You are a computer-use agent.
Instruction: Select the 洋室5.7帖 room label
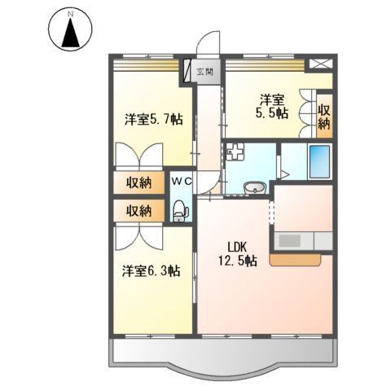point(153,119)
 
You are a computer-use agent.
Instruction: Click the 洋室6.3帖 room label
point(152,270)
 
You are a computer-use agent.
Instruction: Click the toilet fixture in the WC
point(181,211)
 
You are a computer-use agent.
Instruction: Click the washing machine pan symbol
point(235,152)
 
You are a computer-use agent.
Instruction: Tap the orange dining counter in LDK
point(298,260)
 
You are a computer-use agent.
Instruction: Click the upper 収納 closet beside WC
point(139,182)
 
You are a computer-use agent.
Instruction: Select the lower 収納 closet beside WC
point(139,210)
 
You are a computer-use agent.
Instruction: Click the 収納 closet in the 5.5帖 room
point(323,116)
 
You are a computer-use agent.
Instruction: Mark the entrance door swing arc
point(210,45)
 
